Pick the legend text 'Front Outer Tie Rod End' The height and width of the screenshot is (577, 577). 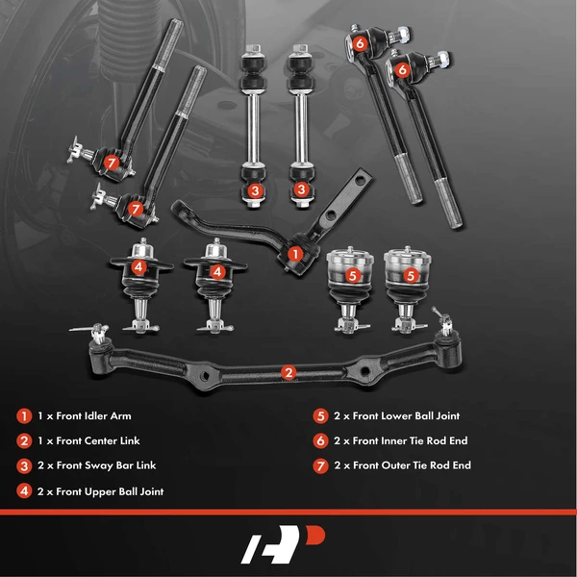tap(414, 466)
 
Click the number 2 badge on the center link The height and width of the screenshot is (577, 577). tap(288, 372)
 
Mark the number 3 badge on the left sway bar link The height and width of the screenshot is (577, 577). tap(254, 190)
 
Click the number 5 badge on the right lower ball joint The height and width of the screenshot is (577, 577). tap(411, 275)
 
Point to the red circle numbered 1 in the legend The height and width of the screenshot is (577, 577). tap(23, 416)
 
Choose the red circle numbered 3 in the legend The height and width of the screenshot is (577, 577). tap(23, 466)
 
